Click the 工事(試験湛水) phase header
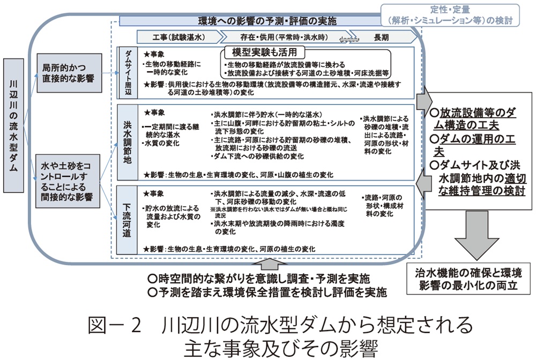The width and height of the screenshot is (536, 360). [x=176, y=37]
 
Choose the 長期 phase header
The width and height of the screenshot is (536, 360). [x=381, y=37]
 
